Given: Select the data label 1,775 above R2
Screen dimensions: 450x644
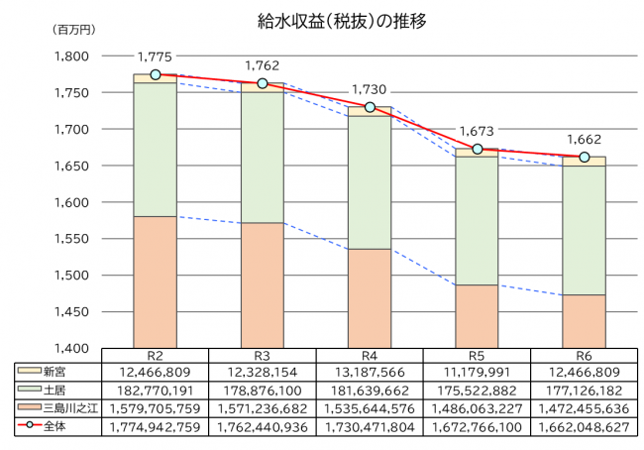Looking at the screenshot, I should (x=156, y=56).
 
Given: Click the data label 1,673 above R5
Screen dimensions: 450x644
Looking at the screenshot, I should (x=477, y=131).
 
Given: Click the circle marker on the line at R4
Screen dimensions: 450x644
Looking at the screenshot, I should (x=370, y=107).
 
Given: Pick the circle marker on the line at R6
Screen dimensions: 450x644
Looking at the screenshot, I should (x=584, y=158).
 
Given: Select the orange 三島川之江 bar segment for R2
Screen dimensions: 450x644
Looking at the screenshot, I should (x=156, y=282).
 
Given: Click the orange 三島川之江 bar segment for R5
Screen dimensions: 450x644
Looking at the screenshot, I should (x=477, y=316).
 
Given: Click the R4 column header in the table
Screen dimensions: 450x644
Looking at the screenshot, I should (x=370, y=356).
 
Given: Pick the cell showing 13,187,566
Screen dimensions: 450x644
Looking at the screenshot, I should (x=370, y=371).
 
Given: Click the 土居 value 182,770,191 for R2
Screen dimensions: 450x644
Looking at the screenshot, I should (x=156, y=389).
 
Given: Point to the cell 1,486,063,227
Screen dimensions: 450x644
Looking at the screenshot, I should (x=477, y=406).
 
